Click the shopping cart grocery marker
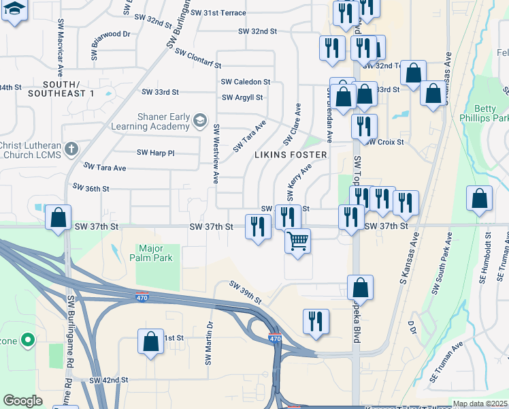click(298, 241)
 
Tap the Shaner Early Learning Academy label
click(163, 122)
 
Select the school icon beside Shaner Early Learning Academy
click(199, 121)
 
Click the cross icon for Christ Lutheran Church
click(71, 149)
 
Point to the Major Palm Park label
click(155, 253)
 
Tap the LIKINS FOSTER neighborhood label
click(291, 155)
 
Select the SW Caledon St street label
click(246, 81)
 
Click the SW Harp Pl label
click(155, 153)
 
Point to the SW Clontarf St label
click(198, 59)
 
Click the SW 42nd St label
click(108, 380)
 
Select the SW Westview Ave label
click(216, 154)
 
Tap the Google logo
click(22, 401)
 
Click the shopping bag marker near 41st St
click(150, 341)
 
